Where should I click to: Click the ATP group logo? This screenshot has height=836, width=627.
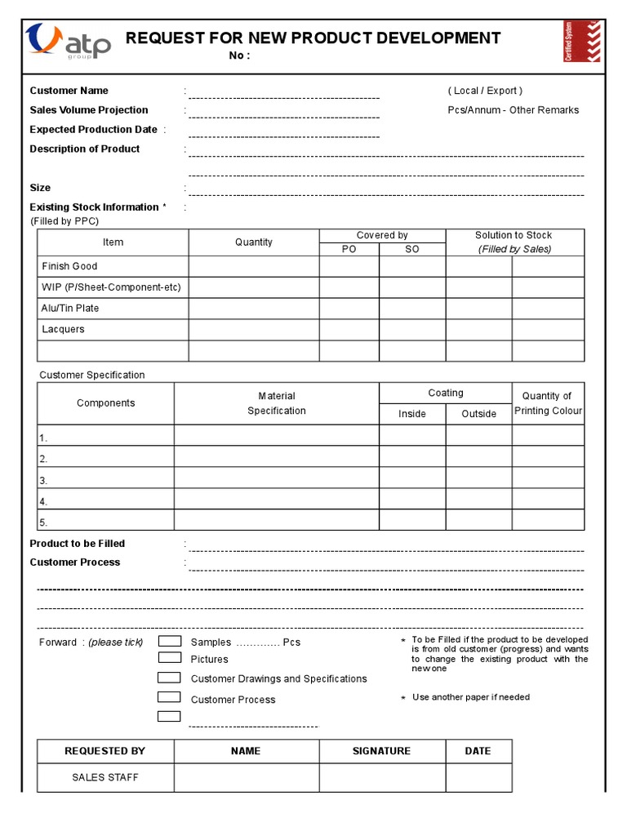pos(68,42)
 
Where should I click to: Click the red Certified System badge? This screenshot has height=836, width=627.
pos(581,42)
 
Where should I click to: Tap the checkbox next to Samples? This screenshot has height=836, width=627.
pos(169,641)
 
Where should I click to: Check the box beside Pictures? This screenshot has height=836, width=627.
pos(169,658)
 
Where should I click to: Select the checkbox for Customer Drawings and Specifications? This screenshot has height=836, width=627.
pos(169,678)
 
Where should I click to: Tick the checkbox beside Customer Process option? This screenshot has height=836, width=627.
pos(169,697)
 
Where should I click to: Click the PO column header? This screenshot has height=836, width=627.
pos(349,249)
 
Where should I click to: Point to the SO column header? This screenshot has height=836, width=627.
pos(412,249)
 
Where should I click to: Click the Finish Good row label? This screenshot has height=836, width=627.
pos(69,266)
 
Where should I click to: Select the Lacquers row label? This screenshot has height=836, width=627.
pos(63,329)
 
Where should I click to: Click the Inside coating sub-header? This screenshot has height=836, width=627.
pos(412,414)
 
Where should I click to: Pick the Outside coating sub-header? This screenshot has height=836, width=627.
pos(478,414)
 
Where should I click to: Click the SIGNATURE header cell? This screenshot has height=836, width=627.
pos(381,751)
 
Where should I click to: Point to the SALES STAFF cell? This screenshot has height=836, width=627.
pos(105,777)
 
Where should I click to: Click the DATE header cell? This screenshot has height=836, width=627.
pos(478,751)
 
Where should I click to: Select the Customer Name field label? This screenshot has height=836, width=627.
pos(69,91)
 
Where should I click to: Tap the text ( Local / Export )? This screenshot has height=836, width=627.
pos(485,91)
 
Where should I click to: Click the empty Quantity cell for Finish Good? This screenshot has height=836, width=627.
pos(254,266)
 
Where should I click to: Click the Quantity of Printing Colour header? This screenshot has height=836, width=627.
pos(548,403)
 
